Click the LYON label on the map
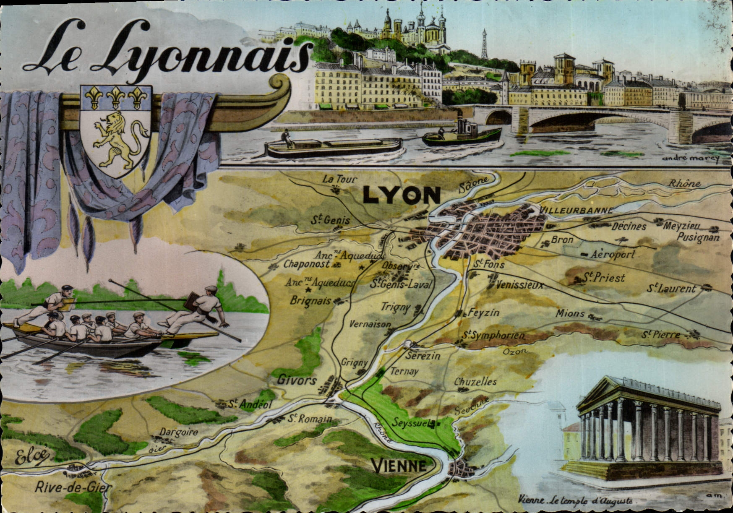pyautogui.click(x=402, y=195)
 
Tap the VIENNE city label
pyautogui.click(x=399, y=466)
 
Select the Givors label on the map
pyautogui.click(x=297, y=380)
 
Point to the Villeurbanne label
pyautogui.click(x=576, y=210)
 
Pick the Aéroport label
pyautogui.click(x=613, y=255)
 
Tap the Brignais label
pyautogui.click(x=311, y=301)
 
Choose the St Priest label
pyautogui.click(x=604, y=278)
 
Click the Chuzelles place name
pyautogui.click(x=475, y=382)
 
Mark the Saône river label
pyautogui.click(x=474, y=183)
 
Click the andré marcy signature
pyautogui.click(x=690, y=158)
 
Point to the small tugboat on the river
pyautogui.click(x=462, y=134)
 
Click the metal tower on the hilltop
pyautogui.click(x=484, y=44)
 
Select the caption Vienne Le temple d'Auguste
pyautogui.click(x=576, y=500)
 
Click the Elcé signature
pyautogui.click(x=31, y=457)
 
